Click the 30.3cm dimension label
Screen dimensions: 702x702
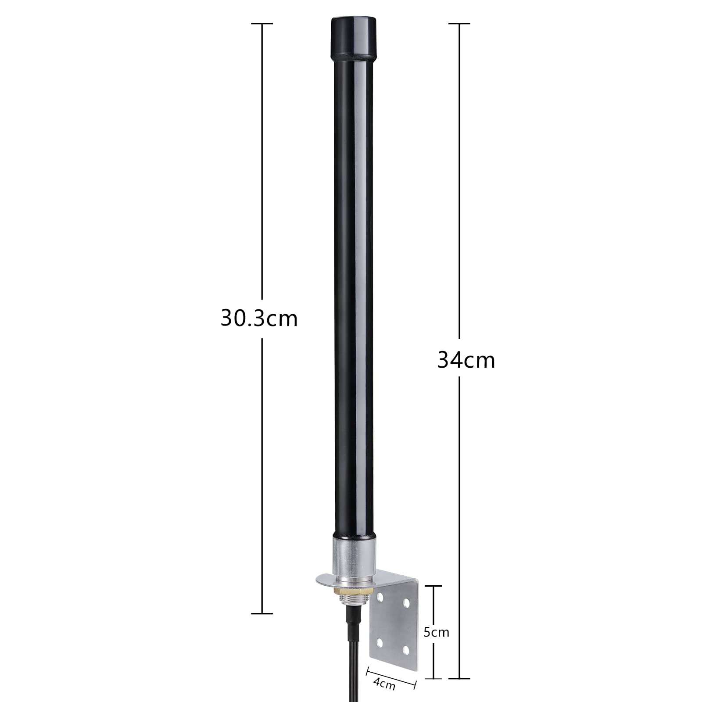tap(259, 319)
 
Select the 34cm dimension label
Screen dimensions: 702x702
tap(466, 361)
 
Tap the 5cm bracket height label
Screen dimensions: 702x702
tap(436, 632)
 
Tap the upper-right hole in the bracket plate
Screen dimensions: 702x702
tap(406, 604)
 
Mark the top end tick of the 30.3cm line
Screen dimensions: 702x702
tap(262, 24)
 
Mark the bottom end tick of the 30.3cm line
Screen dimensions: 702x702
tap(262, 613)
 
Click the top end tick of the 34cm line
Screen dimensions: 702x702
tap(459, 24)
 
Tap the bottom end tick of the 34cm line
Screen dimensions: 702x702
tap(459, 678)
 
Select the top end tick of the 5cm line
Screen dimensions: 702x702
tap(434, 585)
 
